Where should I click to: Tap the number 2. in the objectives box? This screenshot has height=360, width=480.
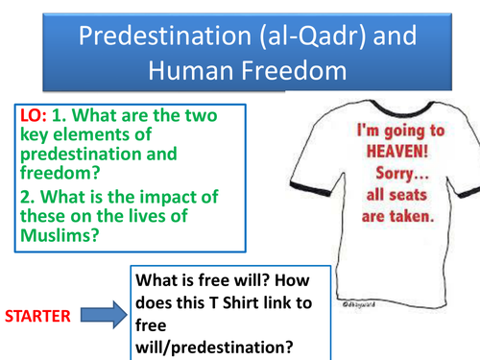point(29,198)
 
